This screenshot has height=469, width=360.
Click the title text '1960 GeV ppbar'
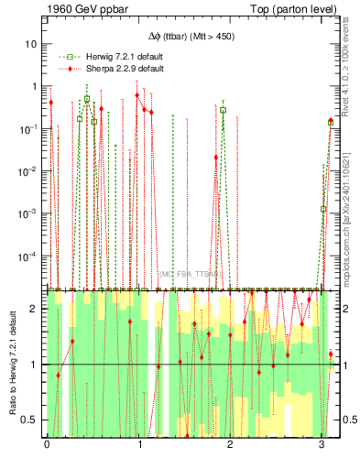(x=81, y=8)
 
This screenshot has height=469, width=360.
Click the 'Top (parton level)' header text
(x=293, y=8)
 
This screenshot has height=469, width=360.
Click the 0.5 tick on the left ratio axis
(x=34, y=420)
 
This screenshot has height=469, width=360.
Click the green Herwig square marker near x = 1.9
(x=223, y=110)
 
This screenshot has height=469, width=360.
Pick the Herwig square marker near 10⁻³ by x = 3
(x=323, y=209)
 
